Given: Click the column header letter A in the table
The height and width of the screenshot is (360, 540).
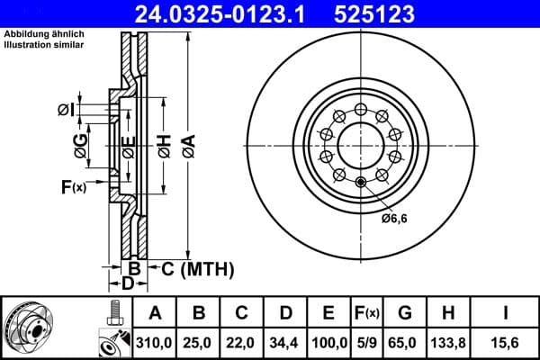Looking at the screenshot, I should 155,312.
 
